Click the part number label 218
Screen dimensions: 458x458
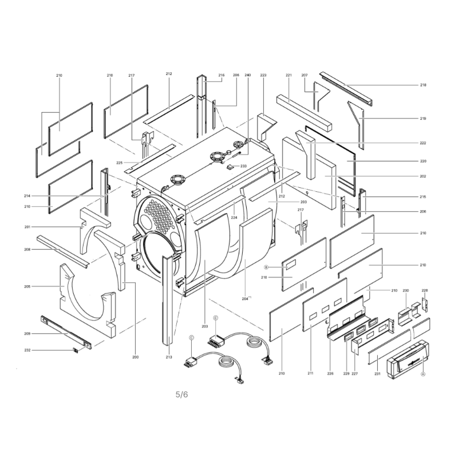tap(423, 85)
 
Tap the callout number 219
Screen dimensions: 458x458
tap(423, 119)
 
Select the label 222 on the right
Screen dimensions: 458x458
tap(423, 143)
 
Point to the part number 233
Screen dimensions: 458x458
tap(243, 166)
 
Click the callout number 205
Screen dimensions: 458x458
tap(27, 287)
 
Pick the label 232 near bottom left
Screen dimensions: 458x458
tap(27, 350)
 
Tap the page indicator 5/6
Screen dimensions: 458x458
tap(181, 394)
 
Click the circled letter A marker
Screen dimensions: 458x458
tap(423, 374)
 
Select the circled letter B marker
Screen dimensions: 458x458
tap(266, 267)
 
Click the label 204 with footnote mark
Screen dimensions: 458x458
tap(246, 298)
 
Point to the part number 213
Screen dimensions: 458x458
tap(169, 357)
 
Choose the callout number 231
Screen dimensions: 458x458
tap(377, 374)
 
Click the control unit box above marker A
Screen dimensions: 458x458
tap(408, 360)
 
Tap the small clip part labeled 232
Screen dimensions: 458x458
tap(76, 350)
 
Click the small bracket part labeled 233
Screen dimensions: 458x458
tap(231, 167)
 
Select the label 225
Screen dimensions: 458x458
tap(119, 163)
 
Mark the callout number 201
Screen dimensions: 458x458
tap(27, 227)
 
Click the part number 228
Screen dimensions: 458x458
tap(424, 290)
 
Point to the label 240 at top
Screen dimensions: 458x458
tap(247, 75)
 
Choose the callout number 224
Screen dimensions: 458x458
tap(234, 218)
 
